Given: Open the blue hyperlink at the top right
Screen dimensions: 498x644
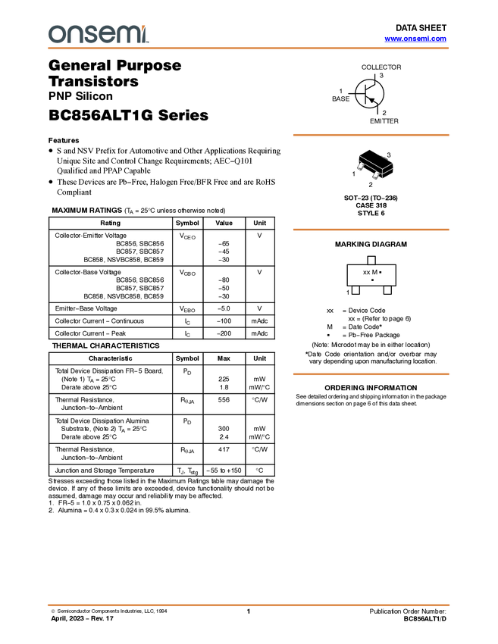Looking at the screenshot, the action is [x=415, y=39].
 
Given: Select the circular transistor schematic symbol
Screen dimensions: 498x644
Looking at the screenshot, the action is [x=370, y=93].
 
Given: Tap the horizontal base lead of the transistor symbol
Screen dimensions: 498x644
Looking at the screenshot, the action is [x=361, y=93].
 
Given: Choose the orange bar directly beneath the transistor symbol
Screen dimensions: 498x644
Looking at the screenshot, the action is [x=371, y=135].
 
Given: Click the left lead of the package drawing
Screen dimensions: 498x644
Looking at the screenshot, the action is [x=360, y=167].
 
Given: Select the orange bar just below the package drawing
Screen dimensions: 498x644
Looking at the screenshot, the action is [x=371, y=230].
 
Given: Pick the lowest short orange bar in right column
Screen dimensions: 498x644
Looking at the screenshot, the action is [x=371, y=374].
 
